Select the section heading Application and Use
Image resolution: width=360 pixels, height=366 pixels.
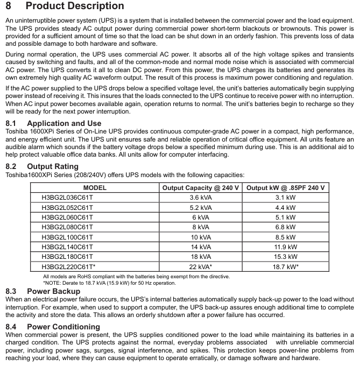coord(64,123)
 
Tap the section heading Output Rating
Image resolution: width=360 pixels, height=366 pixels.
coord(53,166)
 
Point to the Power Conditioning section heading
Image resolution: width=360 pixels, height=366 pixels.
coord(63,327)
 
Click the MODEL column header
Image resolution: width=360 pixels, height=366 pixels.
coord(95,188)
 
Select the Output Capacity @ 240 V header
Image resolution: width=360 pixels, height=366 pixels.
coord(201,188)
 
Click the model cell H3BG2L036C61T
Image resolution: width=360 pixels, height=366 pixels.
coord(67,198)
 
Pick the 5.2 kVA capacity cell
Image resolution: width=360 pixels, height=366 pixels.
coord(201,207)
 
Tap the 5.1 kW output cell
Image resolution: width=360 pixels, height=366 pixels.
coord(285,217)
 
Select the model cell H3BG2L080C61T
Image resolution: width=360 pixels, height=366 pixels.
coord(67,227)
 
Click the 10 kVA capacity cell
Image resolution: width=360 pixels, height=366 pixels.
coord(201,237)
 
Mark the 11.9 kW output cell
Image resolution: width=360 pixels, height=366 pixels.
coord(285,247)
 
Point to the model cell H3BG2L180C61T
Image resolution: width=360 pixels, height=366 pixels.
coord(67,257)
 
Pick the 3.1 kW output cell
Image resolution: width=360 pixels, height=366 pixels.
coord(285,198)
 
